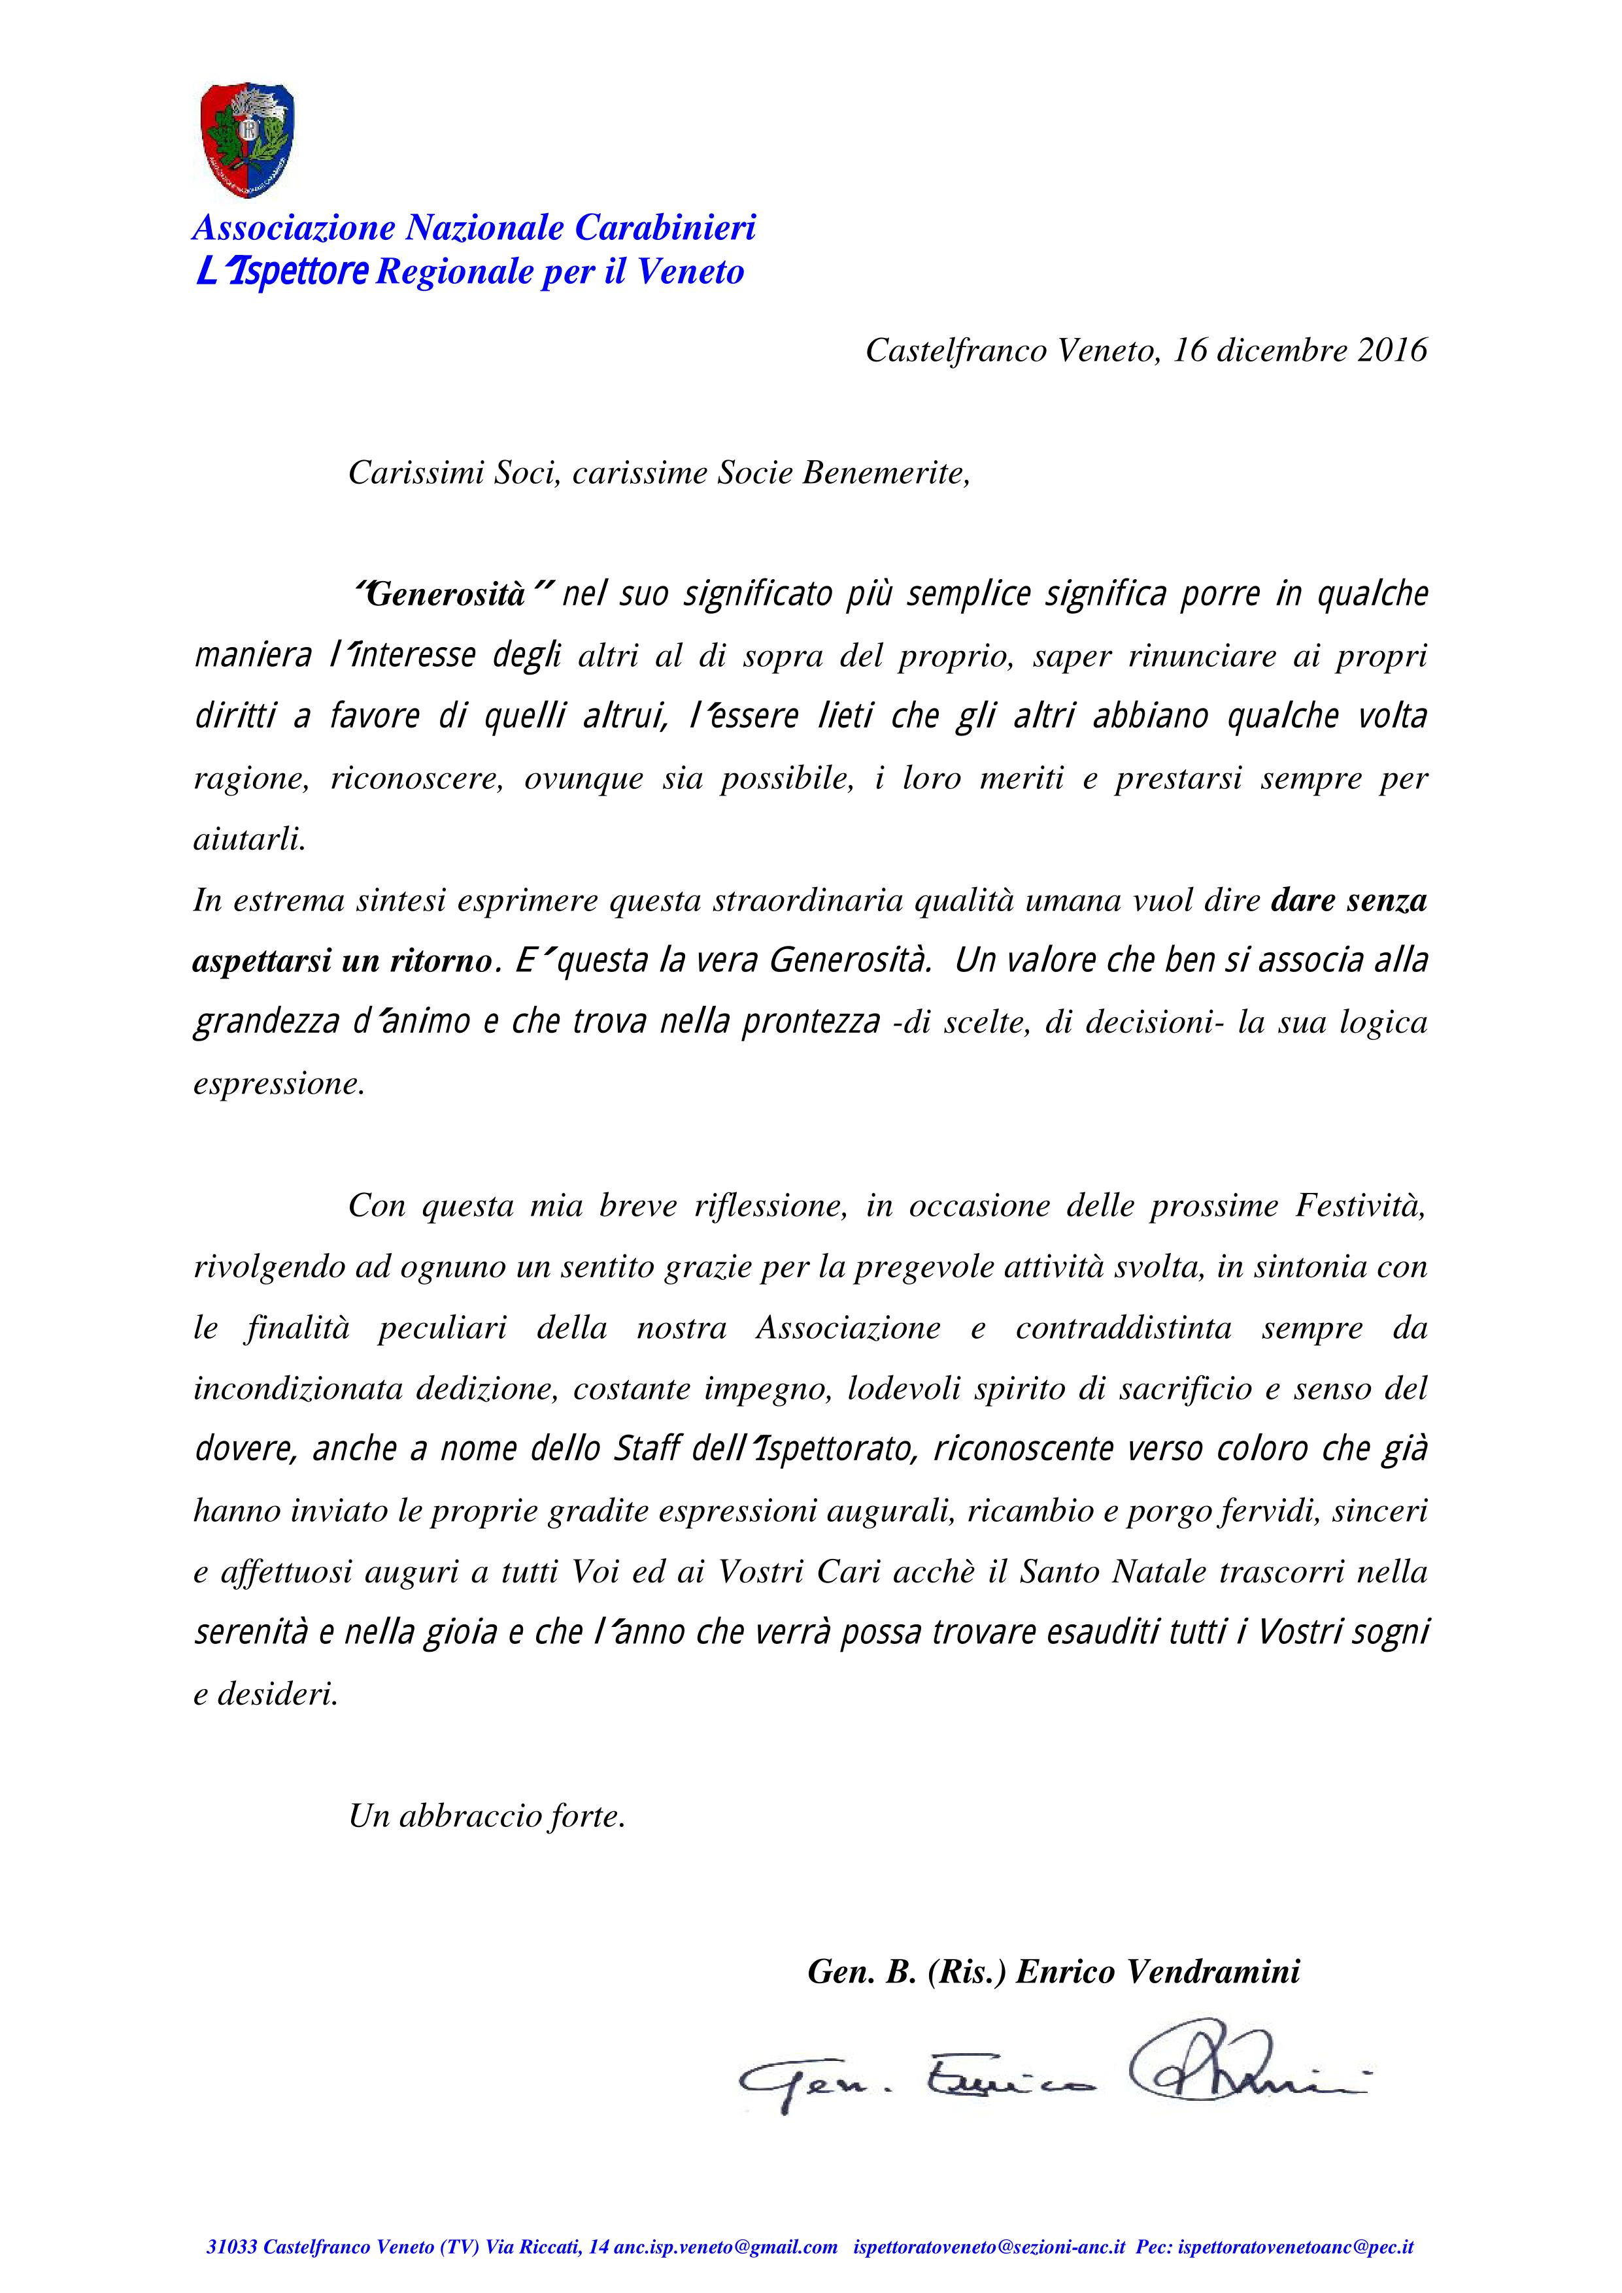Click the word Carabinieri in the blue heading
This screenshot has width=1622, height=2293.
pos(664,229)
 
